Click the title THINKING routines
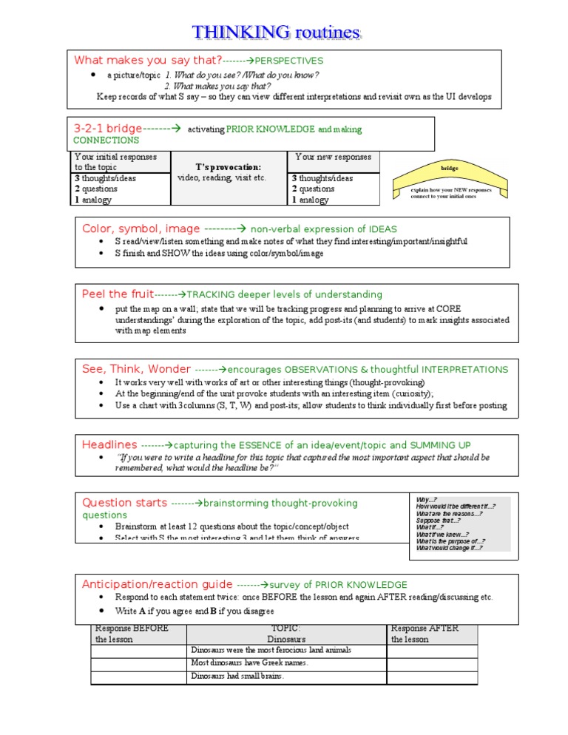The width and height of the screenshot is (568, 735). pyautogui.click(x=277, y=32)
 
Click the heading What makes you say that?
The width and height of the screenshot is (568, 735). pyautogui.click(x=148, y=60)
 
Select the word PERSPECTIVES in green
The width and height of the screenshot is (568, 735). pyautogui.click(x=288, y=61)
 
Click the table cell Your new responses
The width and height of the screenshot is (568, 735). pyautogui.click(x=333, y=157)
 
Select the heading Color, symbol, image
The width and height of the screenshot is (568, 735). pyautogui.click(x=141, y=228)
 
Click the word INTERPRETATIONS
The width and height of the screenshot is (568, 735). pyautogui.click(x=464, y=369)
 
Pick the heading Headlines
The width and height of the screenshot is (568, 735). pyautogui.click(x=109, y=444)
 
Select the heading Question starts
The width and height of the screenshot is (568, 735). pyautogui.click(x=124, y=503)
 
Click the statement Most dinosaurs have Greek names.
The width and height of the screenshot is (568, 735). pyautogui.click(x=249, y=663)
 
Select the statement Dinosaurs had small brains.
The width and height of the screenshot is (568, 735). pyautogui.click(x=237, y=676)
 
